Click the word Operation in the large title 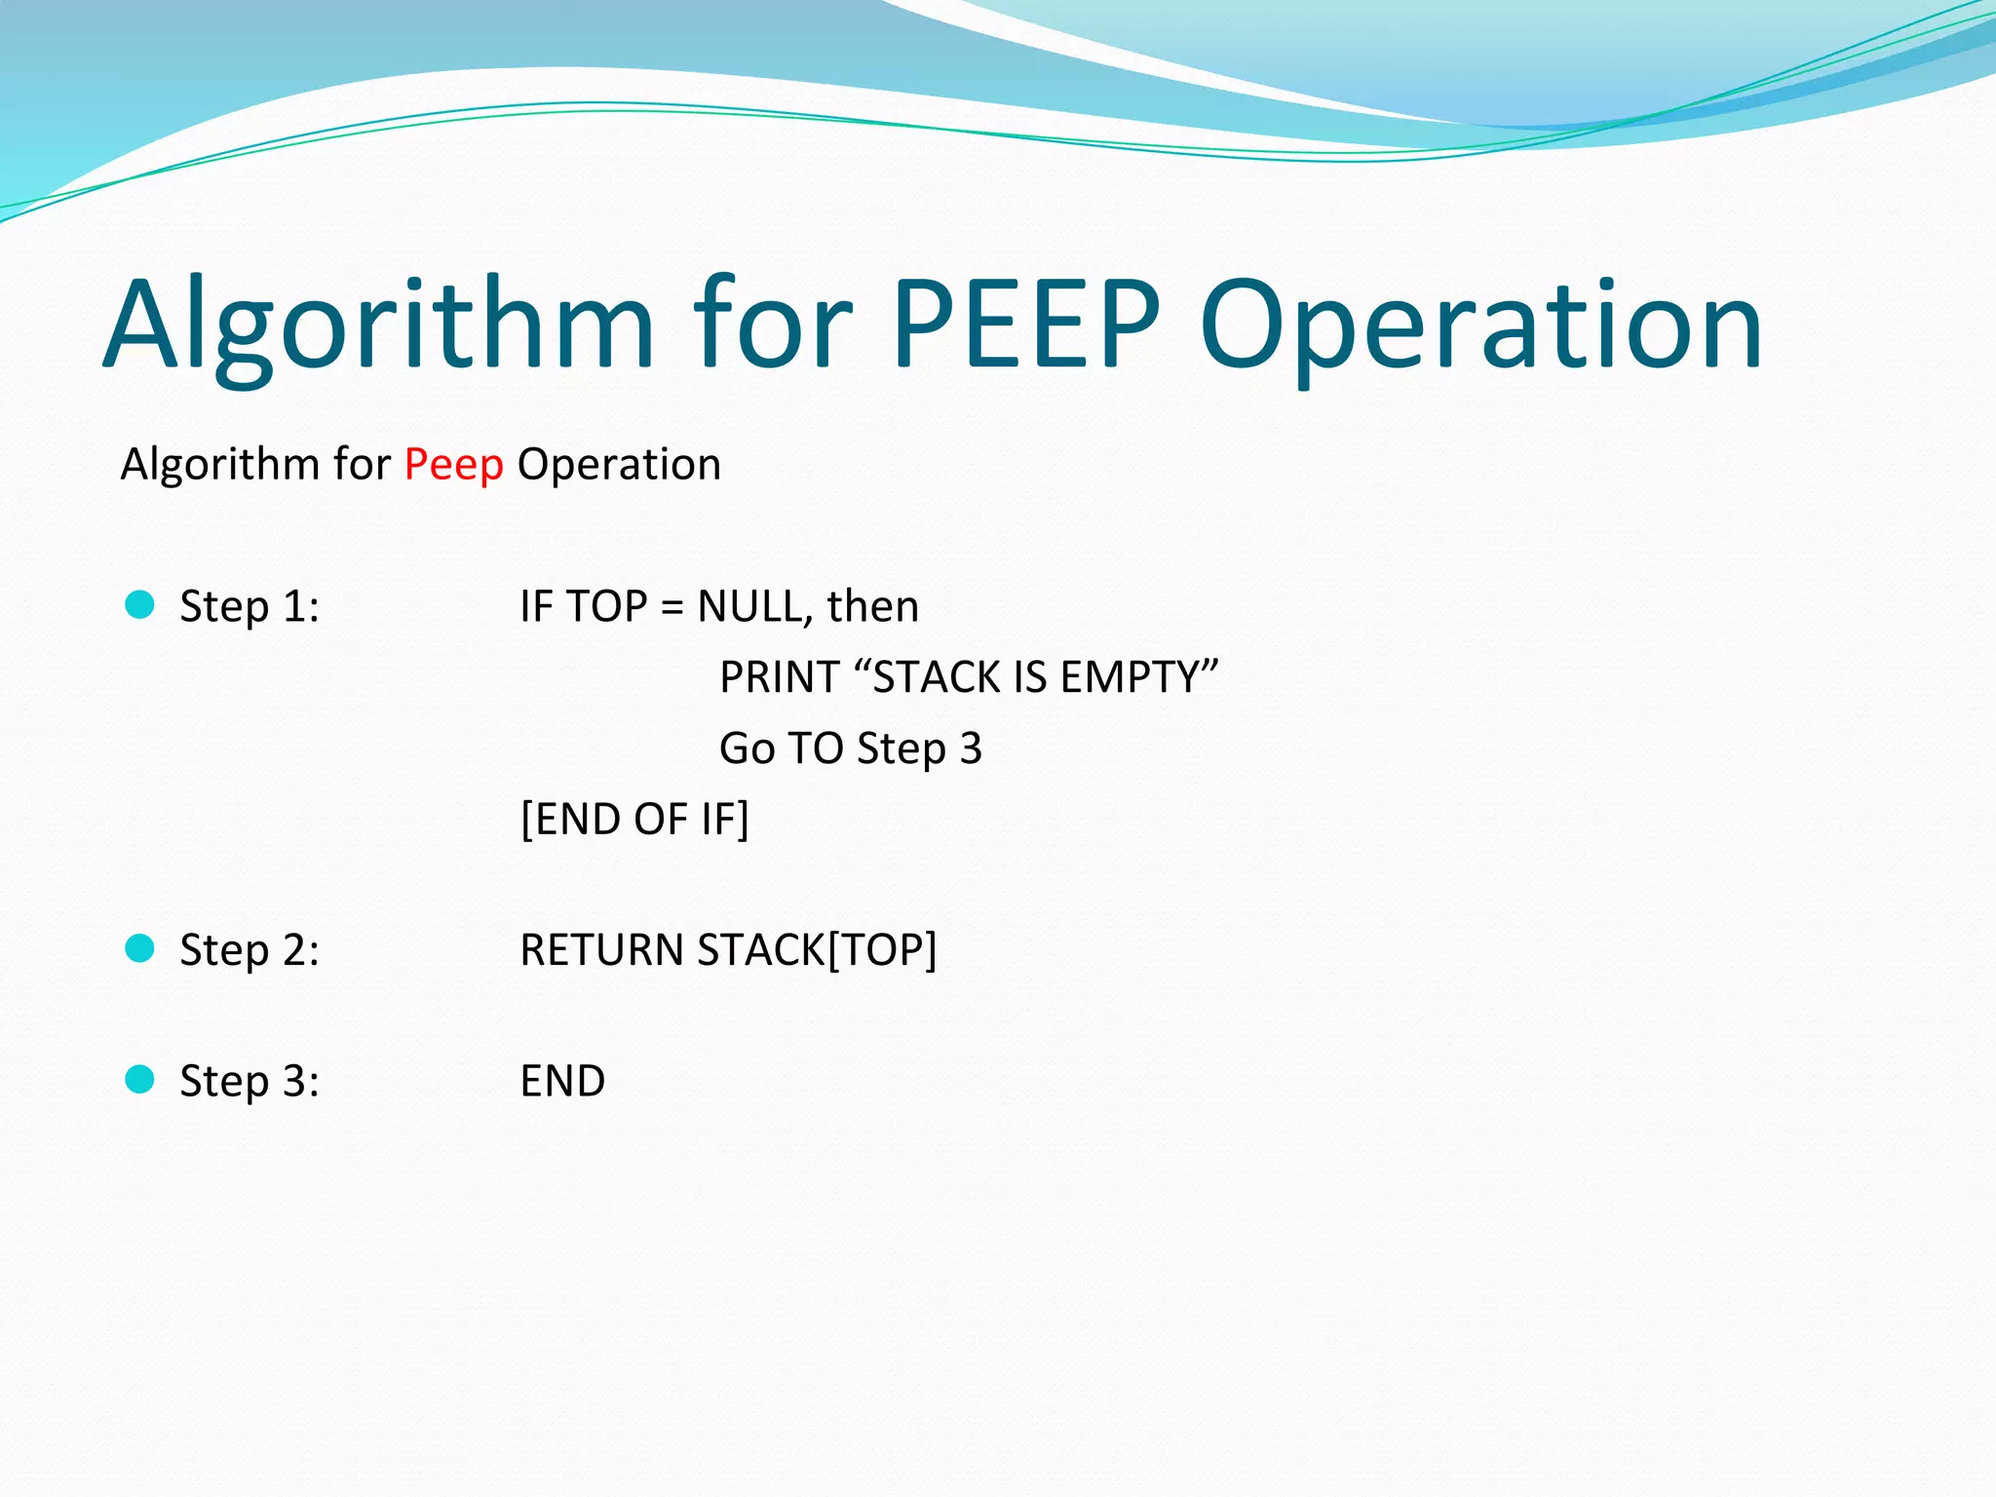(1480, 327)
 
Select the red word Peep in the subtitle (453, 464)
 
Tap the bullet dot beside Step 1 (140, 605)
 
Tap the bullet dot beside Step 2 (140, 948)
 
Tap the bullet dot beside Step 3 (140, 1080)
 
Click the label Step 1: (249, 607)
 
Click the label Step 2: (249, 950)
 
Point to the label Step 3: (249, 1082)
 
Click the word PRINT (779, 677)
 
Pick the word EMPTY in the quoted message (1129, 677)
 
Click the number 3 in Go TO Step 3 (971, 748)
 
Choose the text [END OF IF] (634, 820)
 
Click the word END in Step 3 (562, 1082)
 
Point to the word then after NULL (872, 607)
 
